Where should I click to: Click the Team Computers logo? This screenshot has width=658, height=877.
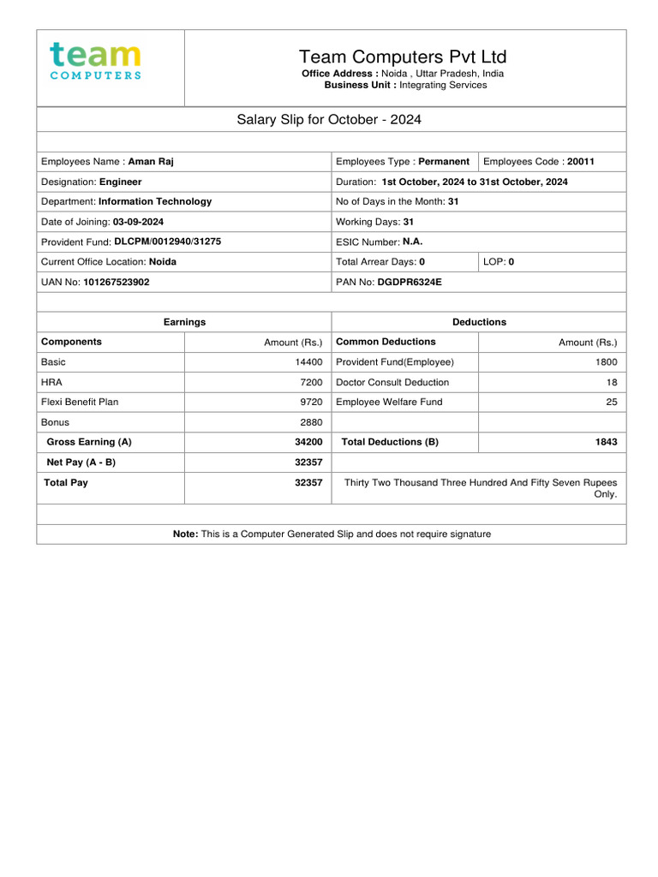point(96,62)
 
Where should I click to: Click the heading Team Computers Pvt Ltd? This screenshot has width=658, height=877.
point(403,57)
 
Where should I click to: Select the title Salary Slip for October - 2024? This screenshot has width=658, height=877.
point(329,119)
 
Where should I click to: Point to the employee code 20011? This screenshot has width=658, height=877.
point(581,161)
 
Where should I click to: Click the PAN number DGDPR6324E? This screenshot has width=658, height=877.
point(410,281)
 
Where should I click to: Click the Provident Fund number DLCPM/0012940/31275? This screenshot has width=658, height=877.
point(167,242)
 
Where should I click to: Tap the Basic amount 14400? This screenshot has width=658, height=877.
point(308,362)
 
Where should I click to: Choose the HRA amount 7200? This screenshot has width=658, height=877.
point(311,382)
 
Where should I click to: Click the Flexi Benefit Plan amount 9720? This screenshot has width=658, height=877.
point(311,402)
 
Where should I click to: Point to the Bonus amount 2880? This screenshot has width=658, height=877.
point(311,422)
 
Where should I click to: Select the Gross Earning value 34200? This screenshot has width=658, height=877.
point(308,442)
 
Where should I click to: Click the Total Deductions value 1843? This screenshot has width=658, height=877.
point(606,442)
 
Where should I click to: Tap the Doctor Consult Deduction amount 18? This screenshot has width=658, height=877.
point(611,382)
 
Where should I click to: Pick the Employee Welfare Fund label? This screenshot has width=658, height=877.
point(389,402)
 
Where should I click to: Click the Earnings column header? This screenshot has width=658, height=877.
point(184,322)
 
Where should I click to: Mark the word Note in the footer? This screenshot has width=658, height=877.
point(185,534)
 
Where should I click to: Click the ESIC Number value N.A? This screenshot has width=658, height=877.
point(413,242)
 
